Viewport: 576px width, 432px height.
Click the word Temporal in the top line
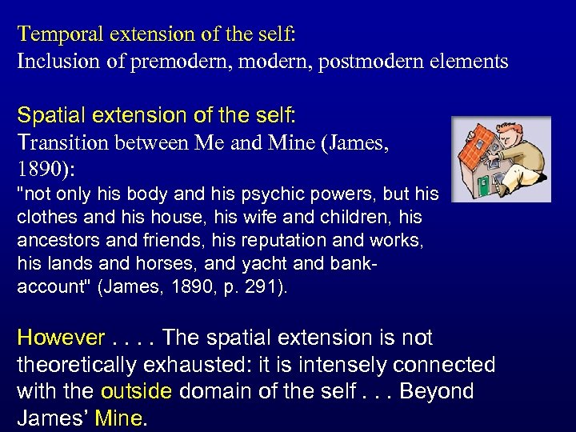click(53, 34)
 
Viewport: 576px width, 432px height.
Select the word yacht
click(270, 263)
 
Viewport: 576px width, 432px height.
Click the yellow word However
click(61, 338)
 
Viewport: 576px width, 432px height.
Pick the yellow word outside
click(136, 392)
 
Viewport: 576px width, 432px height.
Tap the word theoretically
click(73, 365)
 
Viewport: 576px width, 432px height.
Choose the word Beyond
click(436, 392)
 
